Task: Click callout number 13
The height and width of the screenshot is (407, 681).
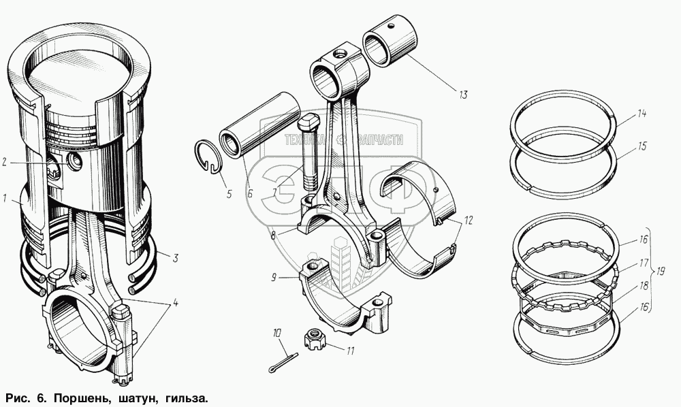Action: (x=463, y=95)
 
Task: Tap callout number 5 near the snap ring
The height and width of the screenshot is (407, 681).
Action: (x=229, y=194)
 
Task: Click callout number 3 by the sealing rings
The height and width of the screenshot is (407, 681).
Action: (x=175, y=258)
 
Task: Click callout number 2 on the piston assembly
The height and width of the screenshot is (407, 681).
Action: (x=5, y=162)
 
